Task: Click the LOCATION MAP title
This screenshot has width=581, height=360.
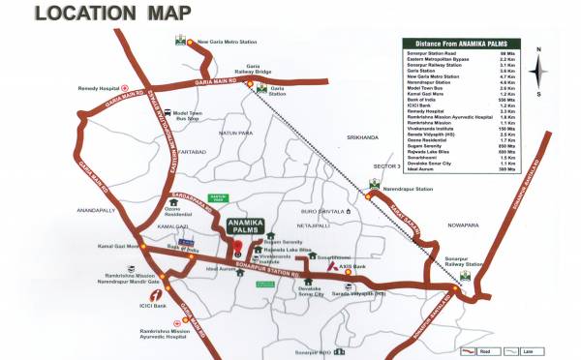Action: (100, 15)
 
